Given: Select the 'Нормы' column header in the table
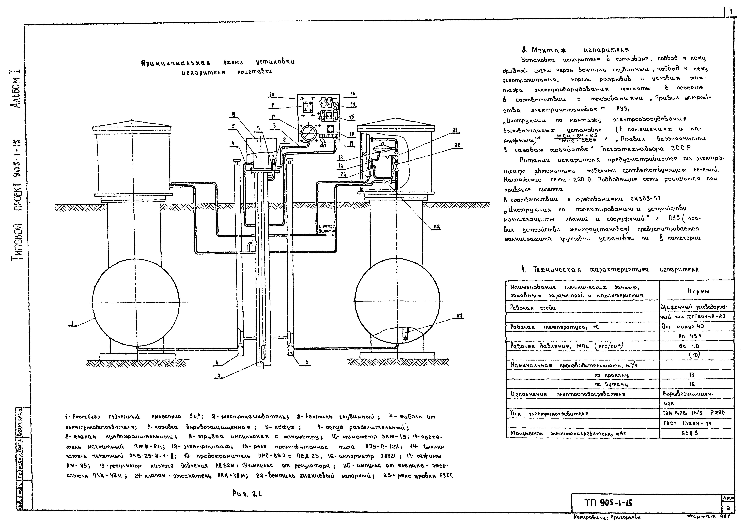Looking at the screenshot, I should click(x=696, y=291).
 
